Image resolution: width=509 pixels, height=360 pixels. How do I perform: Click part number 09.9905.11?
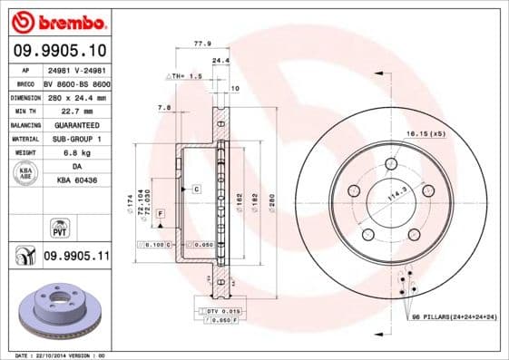pyautogui.click(x=75, y=257)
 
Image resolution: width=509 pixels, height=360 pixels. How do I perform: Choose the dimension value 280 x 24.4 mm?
pyautogui.click(x=75, y=96)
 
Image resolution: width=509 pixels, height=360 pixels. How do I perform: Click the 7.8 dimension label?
pyautogui.click(x=164, y=107)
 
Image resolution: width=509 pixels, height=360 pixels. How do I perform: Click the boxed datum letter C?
pyautogui.click(x=195, y=189)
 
